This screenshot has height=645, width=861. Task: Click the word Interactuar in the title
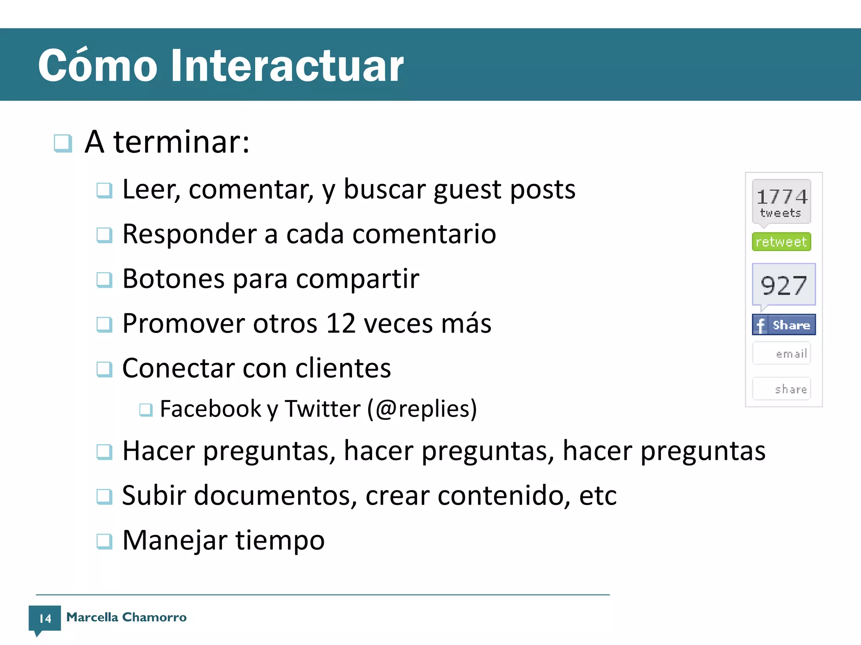287,66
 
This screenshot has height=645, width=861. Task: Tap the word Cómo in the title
98,66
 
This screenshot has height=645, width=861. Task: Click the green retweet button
781,242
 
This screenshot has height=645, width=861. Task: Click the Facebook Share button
784,325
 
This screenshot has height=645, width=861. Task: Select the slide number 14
45,618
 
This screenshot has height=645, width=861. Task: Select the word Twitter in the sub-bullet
322,409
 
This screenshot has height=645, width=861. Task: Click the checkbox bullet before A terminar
63,143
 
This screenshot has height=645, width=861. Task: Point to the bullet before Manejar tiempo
104,541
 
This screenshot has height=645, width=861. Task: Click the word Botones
173,278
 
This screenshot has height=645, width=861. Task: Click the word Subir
153,496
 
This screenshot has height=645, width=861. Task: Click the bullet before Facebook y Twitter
146,409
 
